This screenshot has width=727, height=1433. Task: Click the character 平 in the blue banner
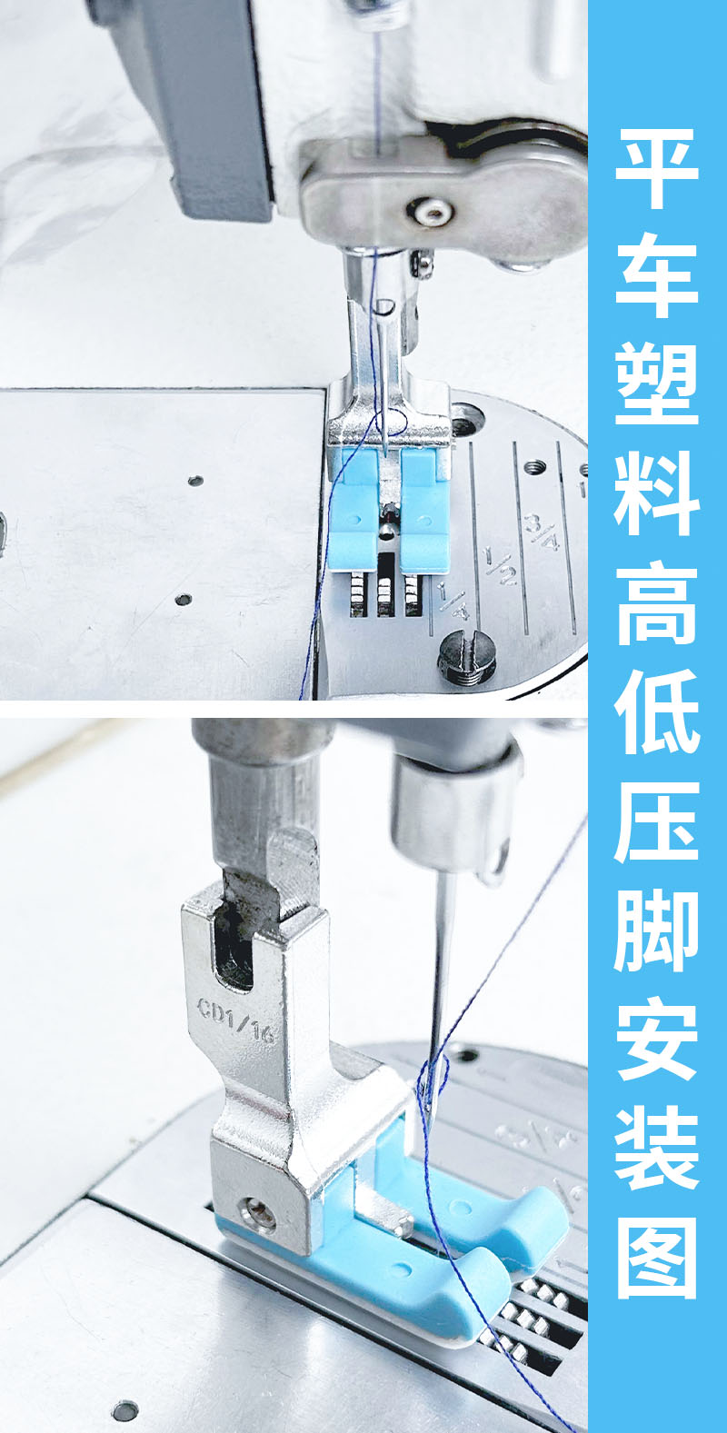(657, 167)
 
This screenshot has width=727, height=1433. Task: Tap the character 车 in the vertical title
(657, 276)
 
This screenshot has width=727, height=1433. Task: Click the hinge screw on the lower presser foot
(257, 1215)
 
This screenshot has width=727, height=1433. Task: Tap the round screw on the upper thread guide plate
(432, 211)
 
